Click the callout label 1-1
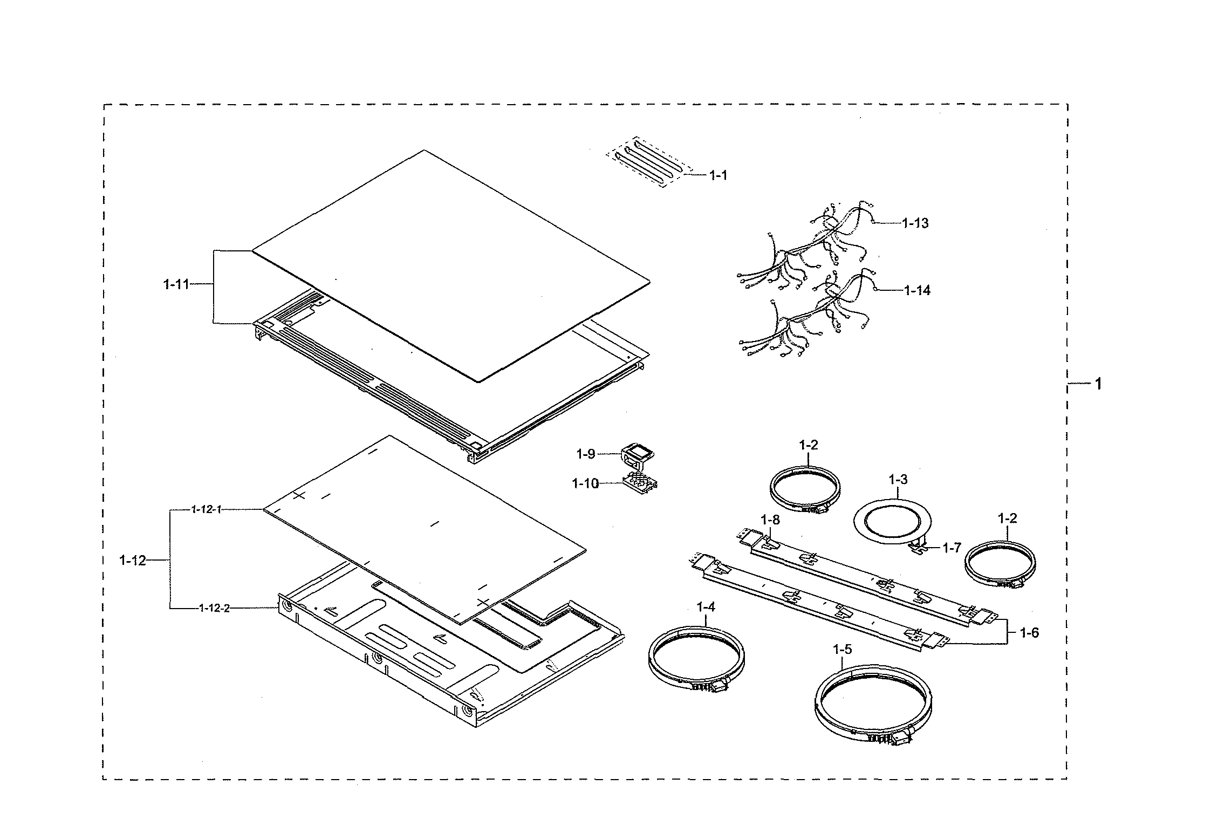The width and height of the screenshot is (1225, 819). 717,175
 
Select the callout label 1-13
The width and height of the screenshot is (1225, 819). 915,223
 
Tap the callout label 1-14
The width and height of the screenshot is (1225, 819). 917,290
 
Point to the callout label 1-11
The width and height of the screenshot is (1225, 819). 176,284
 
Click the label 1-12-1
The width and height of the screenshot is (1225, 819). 206,509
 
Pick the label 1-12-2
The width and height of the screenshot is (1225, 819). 214,608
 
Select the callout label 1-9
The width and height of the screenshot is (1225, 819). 585,454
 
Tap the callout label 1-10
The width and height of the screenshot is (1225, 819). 585,483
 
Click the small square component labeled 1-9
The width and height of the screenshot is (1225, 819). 638,454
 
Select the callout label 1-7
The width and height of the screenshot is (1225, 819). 952,548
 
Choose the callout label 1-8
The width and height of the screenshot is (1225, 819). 770,520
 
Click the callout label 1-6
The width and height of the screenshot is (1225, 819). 1029,633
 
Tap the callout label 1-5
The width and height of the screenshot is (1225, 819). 842,650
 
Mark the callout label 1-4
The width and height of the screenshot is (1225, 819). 706,607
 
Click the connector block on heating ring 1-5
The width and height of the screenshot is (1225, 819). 900,738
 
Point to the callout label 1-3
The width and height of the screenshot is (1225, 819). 898,479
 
